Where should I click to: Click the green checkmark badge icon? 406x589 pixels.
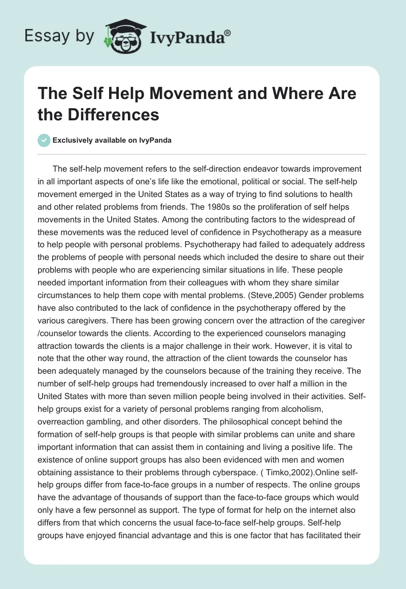(x=44, y=140)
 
